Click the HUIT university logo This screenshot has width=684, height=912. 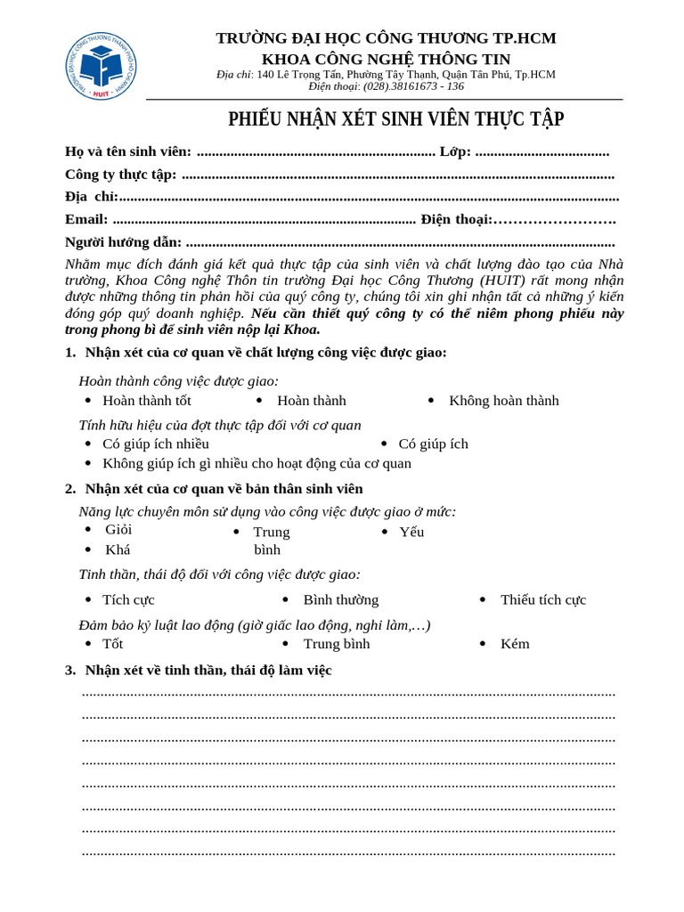tap(101, 67)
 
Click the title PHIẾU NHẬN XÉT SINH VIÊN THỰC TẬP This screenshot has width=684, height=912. tap(395, 119)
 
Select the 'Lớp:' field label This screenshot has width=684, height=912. tap(455, 151)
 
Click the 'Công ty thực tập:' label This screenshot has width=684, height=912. tap(121, 175)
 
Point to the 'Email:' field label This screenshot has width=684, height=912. tap(86, 219)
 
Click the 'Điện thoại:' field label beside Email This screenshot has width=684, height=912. tap(456, 219)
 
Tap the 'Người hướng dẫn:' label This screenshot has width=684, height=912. tap(123, 242)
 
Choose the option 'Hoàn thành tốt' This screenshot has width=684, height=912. tap(146, 401)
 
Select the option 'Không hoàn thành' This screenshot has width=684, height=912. tap(503, 401)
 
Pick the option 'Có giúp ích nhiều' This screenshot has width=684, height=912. tap(155, 444)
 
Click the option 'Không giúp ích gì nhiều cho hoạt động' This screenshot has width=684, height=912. tap(256, 463)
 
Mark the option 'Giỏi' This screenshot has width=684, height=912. tap(118, 530)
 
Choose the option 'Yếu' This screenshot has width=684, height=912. tap(411, 533)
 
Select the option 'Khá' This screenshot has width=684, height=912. tap(118, 550)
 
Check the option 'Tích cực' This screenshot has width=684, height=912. tap(128, 600)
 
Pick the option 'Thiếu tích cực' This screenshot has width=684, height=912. tap(542, 600)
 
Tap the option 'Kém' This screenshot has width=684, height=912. tap(515, 644)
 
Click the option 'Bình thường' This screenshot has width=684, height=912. tap(340, 600)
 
